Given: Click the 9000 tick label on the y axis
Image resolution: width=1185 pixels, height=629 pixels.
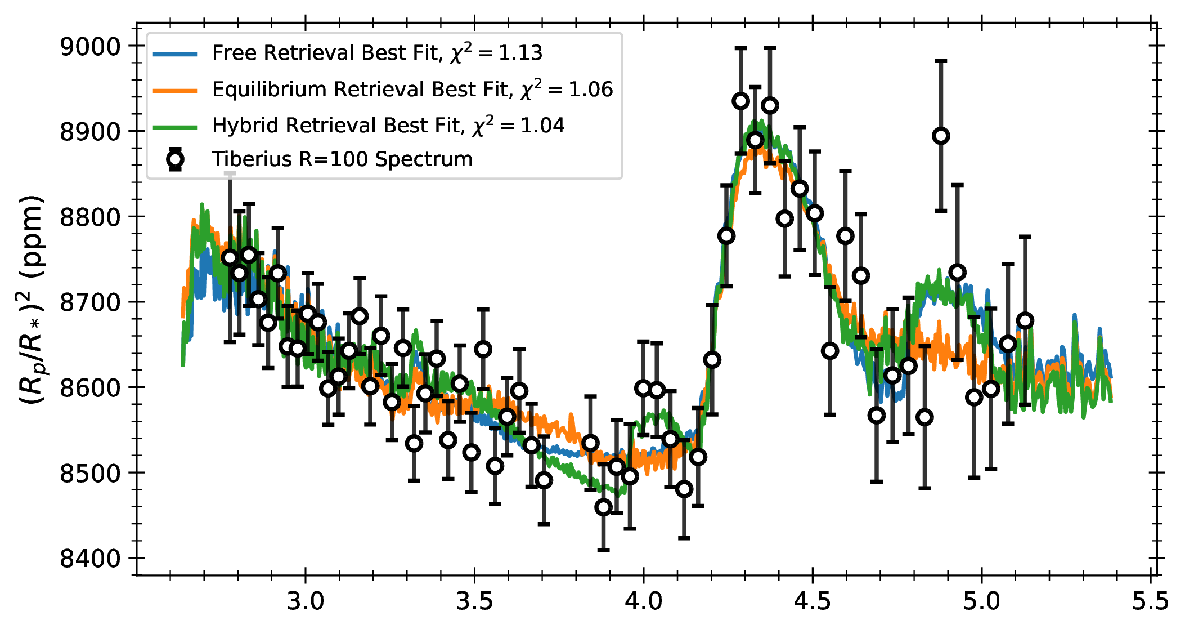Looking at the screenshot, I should (90, 47).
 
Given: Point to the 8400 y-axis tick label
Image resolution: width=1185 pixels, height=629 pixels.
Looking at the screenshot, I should (90, 559).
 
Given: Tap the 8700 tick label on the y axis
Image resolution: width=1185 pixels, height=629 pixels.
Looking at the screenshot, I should (90, 302).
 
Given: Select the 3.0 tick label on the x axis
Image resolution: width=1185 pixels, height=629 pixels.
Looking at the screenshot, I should (306, 601).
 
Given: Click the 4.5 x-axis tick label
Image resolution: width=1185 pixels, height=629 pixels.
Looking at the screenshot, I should (813, 601).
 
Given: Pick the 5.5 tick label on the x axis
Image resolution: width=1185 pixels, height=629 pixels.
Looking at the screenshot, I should (1151, 601).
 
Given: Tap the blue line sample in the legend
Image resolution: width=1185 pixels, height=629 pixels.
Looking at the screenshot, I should (175, 54).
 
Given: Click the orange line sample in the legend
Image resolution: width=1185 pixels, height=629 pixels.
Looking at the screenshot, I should (175, 90).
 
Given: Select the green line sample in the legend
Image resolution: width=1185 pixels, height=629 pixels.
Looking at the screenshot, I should (175, 127).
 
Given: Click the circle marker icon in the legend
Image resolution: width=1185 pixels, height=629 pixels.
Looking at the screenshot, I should (175, 159).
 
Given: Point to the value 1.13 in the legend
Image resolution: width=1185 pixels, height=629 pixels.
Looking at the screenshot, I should (520, 53).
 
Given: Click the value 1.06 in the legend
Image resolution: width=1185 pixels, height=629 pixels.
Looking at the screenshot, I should (591, 90).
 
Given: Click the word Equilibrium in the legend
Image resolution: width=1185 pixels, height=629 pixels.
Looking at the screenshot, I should (270, 90).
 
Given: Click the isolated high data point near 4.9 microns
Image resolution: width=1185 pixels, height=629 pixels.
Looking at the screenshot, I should (941, 136).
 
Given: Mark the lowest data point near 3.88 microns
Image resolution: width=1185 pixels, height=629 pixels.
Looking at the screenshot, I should (603, 507).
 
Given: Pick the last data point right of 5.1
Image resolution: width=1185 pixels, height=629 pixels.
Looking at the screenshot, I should (1025, 321).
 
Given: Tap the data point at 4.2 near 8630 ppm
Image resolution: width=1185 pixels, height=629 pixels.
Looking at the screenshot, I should (712, 360).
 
